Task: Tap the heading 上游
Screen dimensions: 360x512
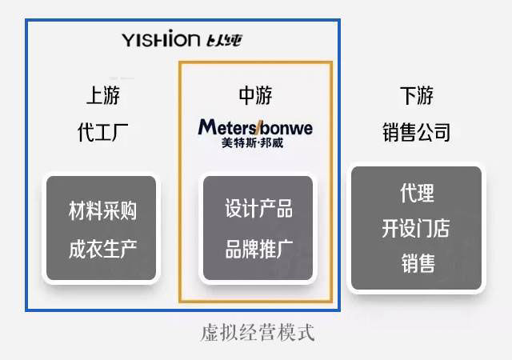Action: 103,96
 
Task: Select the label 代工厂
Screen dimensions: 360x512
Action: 103,132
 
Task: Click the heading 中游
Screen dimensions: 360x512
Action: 255,96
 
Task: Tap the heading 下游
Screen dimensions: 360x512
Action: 416,96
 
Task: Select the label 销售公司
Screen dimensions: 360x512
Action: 416,132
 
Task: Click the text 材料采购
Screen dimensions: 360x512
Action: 102,210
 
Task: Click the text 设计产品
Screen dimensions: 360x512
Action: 258,210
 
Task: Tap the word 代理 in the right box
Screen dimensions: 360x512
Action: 416,193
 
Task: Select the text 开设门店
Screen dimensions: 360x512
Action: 416,228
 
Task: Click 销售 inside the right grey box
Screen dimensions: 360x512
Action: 416,263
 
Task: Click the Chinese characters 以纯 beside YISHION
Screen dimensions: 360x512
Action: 223,39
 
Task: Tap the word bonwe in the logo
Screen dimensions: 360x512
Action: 286,127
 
